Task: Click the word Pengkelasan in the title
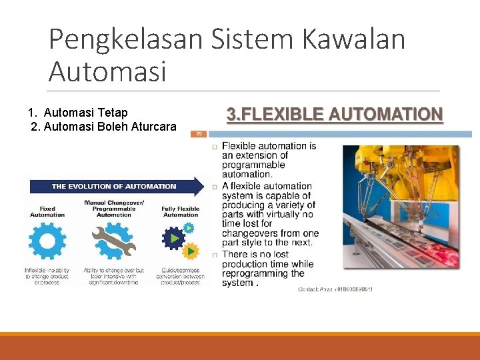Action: point(125,39)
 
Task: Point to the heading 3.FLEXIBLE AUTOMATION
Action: point(334,115)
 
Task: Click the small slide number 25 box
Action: point(199,133)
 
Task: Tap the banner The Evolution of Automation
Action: point(114,186)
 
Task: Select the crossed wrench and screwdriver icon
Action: point(114,242)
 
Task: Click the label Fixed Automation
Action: point(47,211)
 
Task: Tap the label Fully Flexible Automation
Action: point(180,211)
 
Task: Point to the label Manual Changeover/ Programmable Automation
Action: point(114,208)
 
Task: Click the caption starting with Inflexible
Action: point(47,276)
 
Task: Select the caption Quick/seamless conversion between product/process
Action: point(180,276)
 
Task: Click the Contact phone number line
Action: point(335,289)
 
